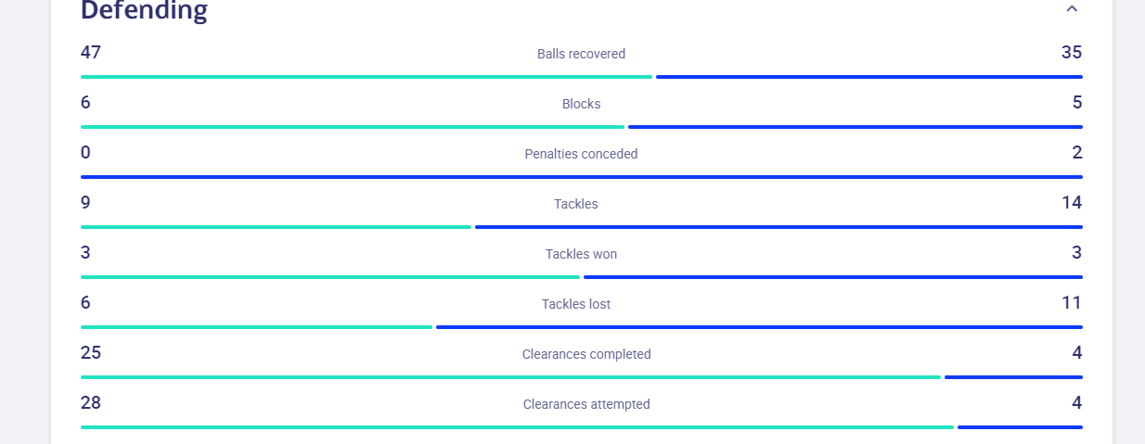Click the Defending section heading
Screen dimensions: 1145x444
click(x=144, y=10)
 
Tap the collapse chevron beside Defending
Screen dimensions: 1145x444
click(x=1072, y=8)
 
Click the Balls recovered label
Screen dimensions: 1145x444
click(x=581, y=54)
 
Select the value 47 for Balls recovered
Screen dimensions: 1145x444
click(x=91, y=52)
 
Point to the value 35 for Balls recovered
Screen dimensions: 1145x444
click(x=1072, y=52)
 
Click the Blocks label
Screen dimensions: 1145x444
click(x=581, y=104)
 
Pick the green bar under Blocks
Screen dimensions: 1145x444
click(x=353, y=127)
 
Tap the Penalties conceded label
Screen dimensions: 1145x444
click(x=581, y=154)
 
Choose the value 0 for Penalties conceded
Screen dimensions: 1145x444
click(x=85, y=152)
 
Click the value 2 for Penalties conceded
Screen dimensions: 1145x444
click(x=1077, y=152)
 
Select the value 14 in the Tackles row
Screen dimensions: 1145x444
click(x=1072, y=202)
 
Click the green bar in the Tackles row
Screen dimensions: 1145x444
click(x=276, y=227)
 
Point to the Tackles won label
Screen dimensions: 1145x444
click(x=581, y=254)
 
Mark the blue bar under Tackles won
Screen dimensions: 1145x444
click(x=833, y=277)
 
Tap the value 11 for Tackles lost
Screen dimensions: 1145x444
click(x=1072, y=302)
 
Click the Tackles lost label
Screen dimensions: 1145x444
click(x=576, y=304)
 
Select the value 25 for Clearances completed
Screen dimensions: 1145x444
click(x=91, y=352)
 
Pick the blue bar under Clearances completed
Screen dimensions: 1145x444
click(x=1013, y=377)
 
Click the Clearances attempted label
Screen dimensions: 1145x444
click(x=586, y=404)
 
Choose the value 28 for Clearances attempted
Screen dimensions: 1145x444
click(x=91, y=402)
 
